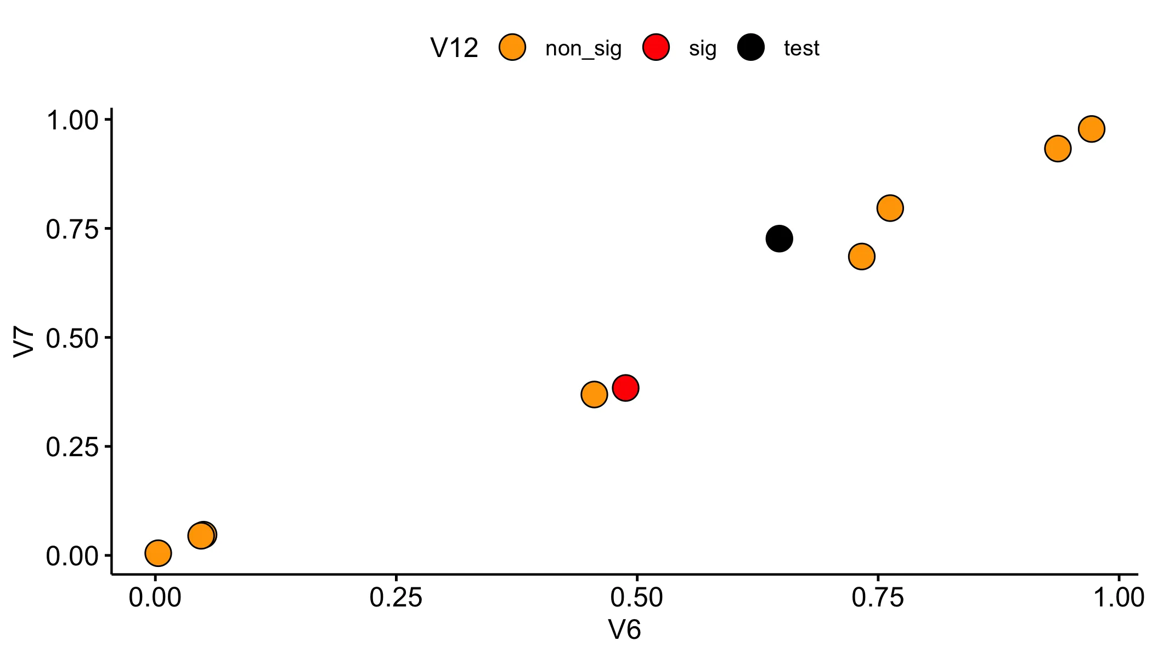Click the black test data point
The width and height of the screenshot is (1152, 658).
pyautogui.click(x=779, y=239)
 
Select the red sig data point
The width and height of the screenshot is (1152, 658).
pyautogui.click(x=625, y=388)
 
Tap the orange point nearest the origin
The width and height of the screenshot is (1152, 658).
pyautogui.click(x=158, y=553)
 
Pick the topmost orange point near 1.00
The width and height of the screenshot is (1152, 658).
pyautogui.click(x=1091, y=129)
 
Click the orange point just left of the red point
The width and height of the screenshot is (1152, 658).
pyautogui.click(x=594, y=394)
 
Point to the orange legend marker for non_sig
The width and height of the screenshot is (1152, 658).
pyautogui.click(x=512, y=48)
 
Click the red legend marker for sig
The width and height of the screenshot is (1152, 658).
pyautogui.click(x=656, y=48)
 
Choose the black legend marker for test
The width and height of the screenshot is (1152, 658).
pyautogui.click(x=751, y=48)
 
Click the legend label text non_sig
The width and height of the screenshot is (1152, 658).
pyautogui.click(x=583, y=49)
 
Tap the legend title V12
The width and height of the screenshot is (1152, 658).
pyautogui.click(x=454, y=48)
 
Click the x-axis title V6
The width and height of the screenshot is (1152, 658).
pyautogui.click(x=624, y=630)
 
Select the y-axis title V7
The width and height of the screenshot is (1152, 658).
pyautogui.click(x=24, y=342)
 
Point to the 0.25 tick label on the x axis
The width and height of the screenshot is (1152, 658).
pyautogui.click(x=396, y=598)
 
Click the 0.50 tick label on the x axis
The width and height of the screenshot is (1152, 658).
pyautogui.click(x=636, y=598)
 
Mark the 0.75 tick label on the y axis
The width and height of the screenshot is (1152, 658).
pyautogui.click(x=72, y=229)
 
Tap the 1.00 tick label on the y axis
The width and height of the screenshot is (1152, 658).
pyautogui.click(x=72, y=120)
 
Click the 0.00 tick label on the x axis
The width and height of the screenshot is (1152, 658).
pyautogui.click(x=155, y=598)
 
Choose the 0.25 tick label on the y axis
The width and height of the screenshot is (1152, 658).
pyautogui.click(x=72, y=447)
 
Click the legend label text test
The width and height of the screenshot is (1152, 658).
pyautogui.click(x=801, y=48)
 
